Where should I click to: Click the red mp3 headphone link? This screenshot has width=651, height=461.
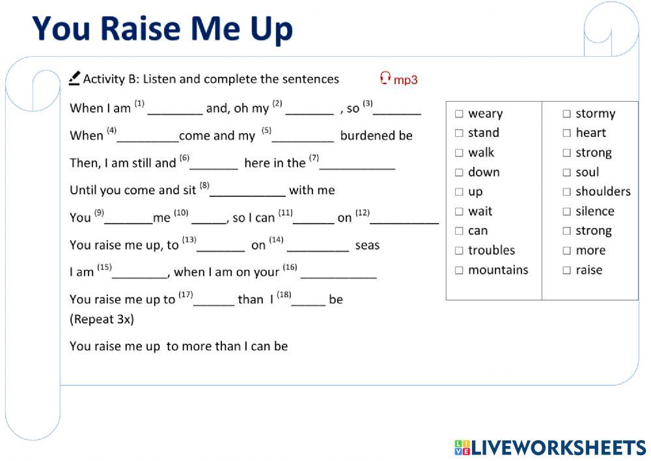coord(398,80)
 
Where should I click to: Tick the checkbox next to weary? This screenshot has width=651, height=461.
coord(459,114)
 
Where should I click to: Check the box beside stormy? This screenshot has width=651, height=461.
coord(566,114)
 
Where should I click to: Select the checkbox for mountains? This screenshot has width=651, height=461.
coord(459,271)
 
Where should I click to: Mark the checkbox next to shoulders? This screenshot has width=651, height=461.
coord(566,192)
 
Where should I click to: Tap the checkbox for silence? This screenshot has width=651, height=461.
coord(566,212)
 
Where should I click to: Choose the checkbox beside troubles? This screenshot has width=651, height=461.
coord(459,251)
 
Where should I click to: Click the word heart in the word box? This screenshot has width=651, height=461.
coord(590,133)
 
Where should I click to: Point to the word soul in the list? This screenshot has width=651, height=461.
coord(587,172)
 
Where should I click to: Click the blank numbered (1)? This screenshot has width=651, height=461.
coord(175,110)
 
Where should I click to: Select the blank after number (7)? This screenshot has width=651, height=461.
coord(357,164)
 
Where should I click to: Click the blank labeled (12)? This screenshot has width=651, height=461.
coord(404,219)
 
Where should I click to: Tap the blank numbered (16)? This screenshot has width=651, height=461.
coord(339,274)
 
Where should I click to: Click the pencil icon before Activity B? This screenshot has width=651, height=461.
coord(74,78)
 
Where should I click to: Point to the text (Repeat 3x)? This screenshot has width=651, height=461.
coord(102,320)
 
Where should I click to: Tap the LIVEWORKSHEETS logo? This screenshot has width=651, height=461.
coord(550,447)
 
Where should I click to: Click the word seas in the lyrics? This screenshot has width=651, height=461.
coord(367,246)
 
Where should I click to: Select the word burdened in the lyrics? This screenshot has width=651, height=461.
coord(367,136)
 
